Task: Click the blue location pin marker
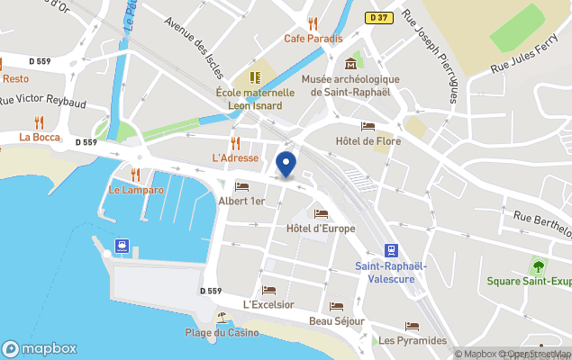286,165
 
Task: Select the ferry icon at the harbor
122,245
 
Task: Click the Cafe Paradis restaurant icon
313,23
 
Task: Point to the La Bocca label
40,137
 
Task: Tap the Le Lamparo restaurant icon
136,175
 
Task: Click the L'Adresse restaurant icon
235,143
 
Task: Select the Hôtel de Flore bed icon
368,126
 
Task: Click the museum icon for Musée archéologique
350,64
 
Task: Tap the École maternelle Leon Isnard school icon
255,77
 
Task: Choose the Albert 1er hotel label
241,202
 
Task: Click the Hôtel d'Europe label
321,229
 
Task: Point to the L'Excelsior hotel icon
268,290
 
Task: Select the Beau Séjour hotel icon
336,307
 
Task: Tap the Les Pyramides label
413,340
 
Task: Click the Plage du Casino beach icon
222,318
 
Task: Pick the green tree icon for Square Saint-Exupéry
539,266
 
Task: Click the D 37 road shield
378,17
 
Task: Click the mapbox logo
40,348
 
